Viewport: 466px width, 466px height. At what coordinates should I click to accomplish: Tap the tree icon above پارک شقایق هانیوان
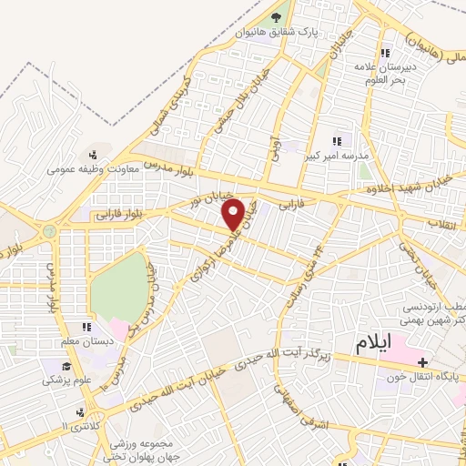click(x=277, y=16)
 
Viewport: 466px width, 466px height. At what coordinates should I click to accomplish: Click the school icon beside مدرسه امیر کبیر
click(x=338, y=141)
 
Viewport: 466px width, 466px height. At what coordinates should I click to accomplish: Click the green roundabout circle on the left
click(x=49, y=231)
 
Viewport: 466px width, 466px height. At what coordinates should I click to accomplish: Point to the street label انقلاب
click(x=447, y=221)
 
